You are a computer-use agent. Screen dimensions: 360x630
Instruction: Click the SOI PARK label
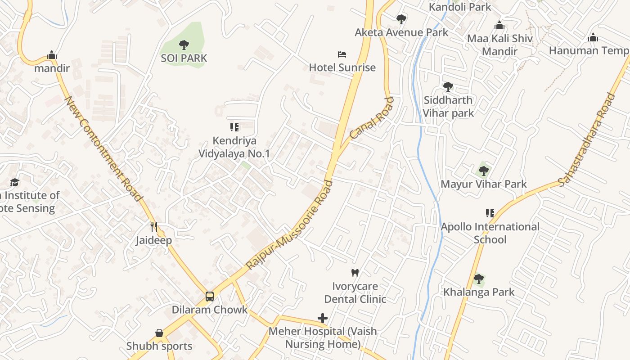(x=184, y=58)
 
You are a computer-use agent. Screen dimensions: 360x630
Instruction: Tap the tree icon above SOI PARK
(x=184, y=45)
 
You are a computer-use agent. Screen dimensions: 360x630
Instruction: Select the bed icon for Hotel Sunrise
(x=342, y=54)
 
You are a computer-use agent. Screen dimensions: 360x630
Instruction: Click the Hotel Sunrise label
(x=342, y=67)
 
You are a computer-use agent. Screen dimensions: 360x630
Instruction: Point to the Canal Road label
(x=371, y=118)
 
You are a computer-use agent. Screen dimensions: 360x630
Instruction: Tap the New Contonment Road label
(x=104, y=148)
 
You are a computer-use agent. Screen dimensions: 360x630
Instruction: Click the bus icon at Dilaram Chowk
(x=210, y=296)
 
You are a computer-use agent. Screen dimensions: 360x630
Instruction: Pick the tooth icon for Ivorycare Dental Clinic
(x=355, y=273)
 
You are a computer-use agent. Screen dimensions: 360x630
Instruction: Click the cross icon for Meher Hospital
(x=323, y=318)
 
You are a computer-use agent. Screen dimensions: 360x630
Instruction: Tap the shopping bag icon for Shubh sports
(x=159, y=333)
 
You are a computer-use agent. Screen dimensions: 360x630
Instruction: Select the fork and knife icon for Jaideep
(x=154, y=226)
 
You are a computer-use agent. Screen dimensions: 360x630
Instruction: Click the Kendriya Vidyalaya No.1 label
(x=234, y=147)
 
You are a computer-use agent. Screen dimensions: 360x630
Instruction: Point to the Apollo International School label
(x=490, y=233)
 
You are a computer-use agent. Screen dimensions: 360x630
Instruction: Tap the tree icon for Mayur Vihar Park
(x=484, y=171)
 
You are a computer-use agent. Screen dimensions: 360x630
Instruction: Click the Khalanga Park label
(x=479, y=292)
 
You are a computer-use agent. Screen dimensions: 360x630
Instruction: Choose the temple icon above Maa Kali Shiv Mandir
(x=499, y=26)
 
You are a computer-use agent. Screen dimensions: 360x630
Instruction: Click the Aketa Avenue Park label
(x=401, y=32)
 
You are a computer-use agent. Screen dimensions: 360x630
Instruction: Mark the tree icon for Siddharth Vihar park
(x=448, y=86)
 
